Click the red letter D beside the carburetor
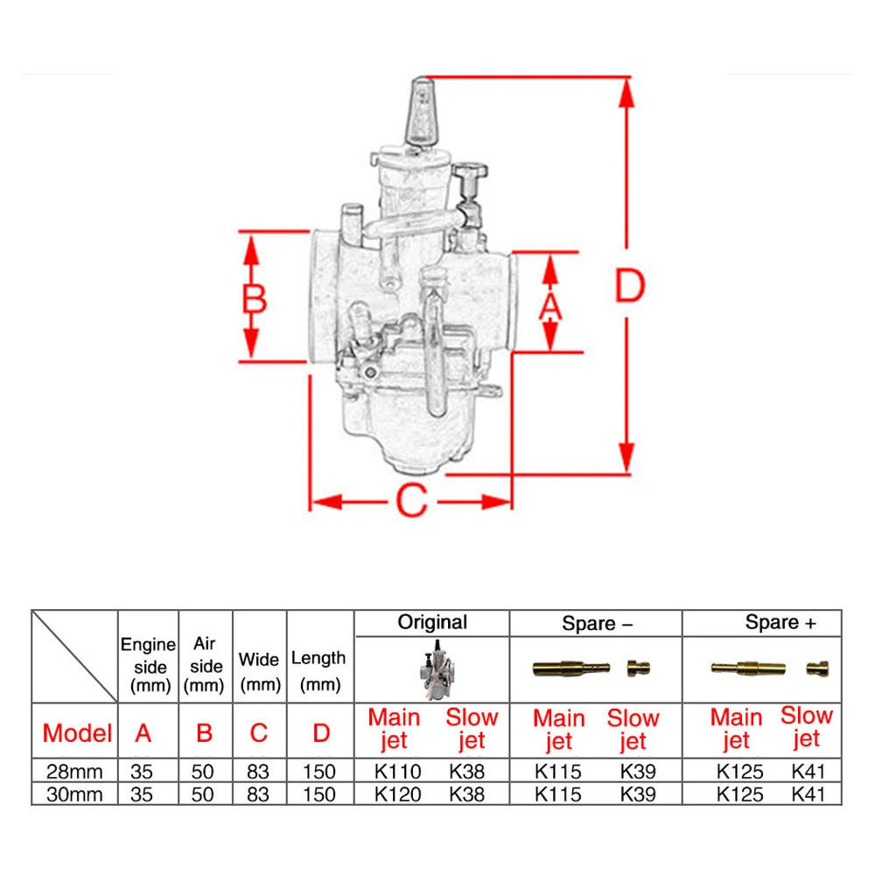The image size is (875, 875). [x=629, y=285]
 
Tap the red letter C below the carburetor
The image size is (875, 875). [x=412, y=500]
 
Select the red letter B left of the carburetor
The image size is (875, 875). [x=255, y=299]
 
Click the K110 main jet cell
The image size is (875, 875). [x=397, y=771]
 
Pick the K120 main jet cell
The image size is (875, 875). [x=397, y=794]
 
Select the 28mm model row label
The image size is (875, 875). [x=74, y=771]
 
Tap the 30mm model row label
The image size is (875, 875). [x=74, y=794]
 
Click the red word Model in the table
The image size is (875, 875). [x=77, y=732]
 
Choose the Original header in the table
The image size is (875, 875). [x=432, y=622]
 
